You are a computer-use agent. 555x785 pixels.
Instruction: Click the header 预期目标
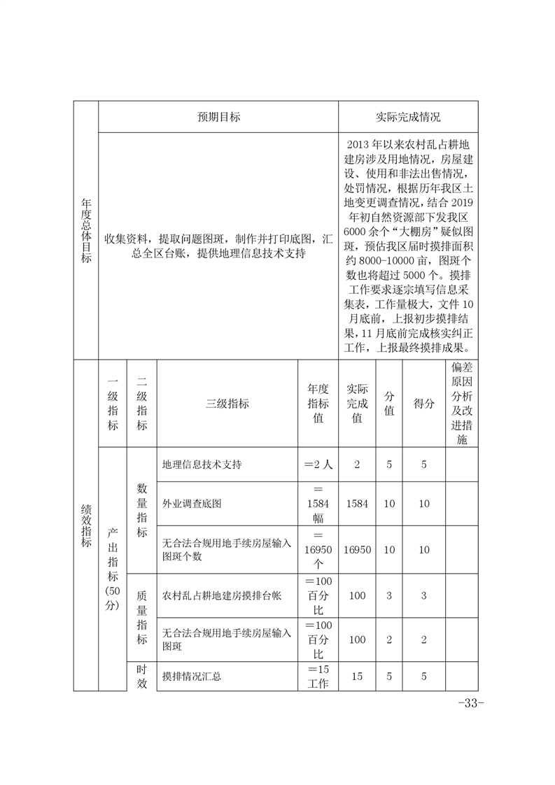218,117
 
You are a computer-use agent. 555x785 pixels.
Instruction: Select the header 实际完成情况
408,117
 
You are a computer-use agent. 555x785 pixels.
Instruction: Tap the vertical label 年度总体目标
86,230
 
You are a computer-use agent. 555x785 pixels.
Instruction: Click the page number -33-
470,703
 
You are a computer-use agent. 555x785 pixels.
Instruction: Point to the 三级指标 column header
227,404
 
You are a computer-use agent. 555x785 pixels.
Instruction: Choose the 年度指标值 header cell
318,404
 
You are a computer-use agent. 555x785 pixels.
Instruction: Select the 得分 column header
423,404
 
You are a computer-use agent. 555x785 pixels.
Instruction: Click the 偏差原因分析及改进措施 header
461,404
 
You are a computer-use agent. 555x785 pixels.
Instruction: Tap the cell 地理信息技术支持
202,465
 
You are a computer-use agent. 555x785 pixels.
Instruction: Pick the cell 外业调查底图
192,503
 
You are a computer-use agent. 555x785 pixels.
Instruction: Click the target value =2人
318,465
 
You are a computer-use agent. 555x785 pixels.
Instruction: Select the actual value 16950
357,550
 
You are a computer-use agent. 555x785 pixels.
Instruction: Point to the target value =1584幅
318,503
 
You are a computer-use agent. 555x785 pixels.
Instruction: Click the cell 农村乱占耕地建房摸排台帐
221,596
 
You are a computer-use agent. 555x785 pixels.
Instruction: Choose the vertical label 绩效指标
86,525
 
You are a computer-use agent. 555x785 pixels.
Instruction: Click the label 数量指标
141,504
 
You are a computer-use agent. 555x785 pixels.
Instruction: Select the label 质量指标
141,618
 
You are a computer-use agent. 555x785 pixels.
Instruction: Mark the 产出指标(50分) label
112,568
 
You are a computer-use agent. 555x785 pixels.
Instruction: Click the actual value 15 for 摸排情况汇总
357,677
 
